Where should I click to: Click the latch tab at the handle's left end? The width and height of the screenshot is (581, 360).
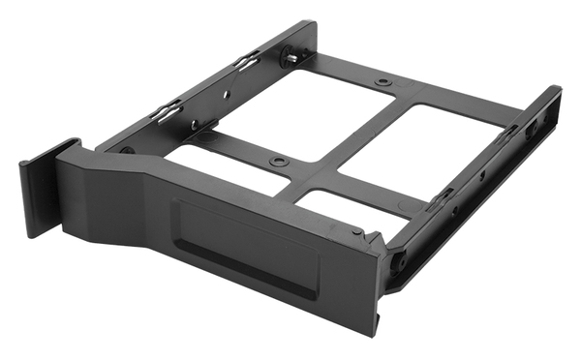tap(36, 189)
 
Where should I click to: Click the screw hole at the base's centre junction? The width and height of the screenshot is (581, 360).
tap(279, 160)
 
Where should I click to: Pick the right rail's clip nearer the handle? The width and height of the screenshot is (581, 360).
tap(441, 199)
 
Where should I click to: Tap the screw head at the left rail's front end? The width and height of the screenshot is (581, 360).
tap(127, 150)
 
